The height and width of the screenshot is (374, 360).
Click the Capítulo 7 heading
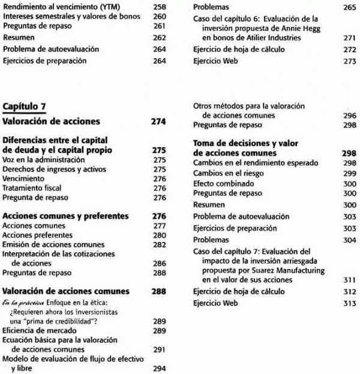pyautogui.click(x=25, y=107)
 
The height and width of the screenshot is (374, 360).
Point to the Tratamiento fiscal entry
pyautogui.click(x=31, y=188)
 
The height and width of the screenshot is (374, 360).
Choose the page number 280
pyautogui.click(x=159, y=235)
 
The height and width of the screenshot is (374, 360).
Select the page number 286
pyautogui.click(x=159, y=263)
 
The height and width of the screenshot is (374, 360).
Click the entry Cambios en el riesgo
pyautogui.click(x=228, y=173)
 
